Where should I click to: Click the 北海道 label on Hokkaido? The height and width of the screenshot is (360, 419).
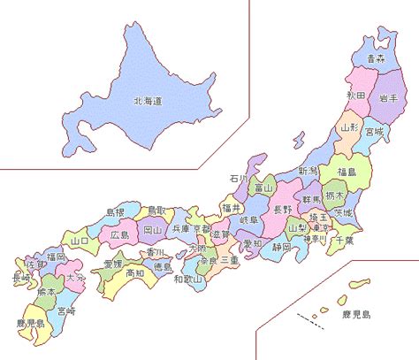148,102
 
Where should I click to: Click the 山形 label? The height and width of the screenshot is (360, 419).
349,128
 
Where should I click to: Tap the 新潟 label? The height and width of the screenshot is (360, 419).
307,170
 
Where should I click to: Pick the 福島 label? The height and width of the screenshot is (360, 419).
347,172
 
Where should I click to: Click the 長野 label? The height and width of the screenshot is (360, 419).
281,210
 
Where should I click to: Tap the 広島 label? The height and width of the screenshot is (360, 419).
120,235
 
